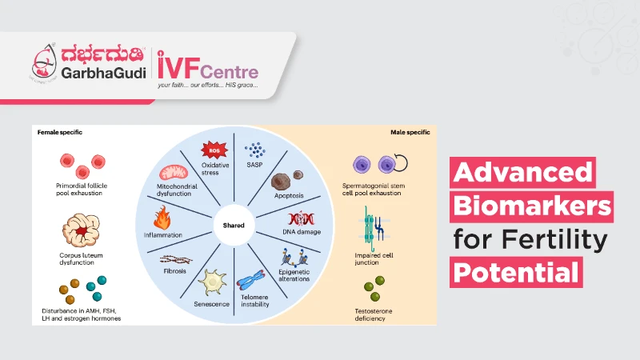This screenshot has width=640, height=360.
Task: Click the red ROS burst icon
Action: pos(214,150)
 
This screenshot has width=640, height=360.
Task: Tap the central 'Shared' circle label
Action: pos(234,225)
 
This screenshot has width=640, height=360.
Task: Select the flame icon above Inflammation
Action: pos(162,217)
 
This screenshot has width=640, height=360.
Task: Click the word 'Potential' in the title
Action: pos(515,273)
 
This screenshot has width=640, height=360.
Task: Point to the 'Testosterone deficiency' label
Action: pos(370,314)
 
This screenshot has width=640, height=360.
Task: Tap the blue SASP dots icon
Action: pos(255,150)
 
